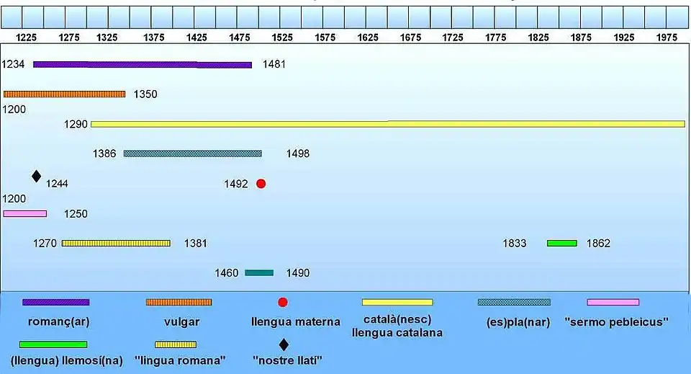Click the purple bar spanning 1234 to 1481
coord(143,65)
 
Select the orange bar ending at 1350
coord(64,94)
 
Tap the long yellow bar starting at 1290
coord(387,124)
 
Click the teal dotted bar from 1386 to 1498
coord(192,153)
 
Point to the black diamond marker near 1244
coord(37,176)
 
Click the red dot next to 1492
coord(261,184)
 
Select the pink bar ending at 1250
coord(25,213)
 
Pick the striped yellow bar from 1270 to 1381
coord(116,243)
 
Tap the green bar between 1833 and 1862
coord(561,243)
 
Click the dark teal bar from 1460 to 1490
coord(259,272)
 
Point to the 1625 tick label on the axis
coord(367,37)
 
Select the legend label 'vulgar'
coord(179,322)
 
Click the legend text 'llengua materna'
coord(296,322)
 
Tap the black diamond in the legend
coord(284,344)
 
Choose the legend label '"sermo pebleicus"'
coord(616,322)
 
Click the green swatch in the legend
coord(53,344)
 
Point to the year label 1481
coord(274,64)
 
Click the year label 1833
coord(515,244)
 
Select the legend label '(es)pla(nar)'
coord(518,322)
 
